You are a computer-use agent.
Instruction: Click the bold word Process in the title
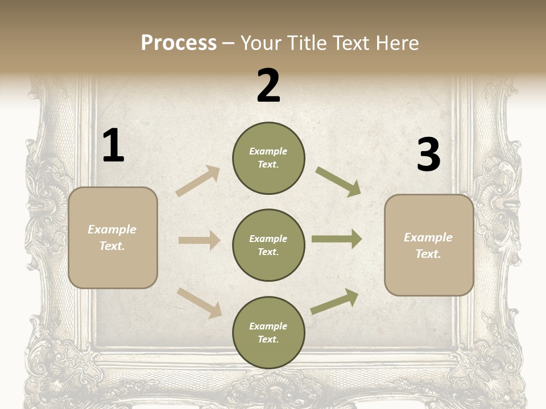click(x=179, y=43)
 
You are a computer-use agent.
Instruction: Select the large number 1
click(x=113, y=146)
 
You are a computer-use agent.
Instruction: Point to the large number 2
click(x=268, y=86)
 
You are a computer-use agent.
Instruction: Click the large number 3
click(x=428, y=155)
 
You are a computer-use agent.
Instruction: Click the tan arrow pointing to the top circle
click(x=198, y=181)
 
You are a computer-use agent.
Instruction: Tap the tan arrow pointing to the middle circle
click(x=199, y=240)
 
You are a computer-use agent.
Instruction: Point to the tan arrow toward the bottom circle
click(x=199, y=302)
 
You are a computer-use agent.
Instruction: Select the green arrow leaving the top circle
click(x=338, y=181)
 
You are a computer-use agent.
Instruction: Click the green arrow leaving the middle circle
click(x=337, y=239)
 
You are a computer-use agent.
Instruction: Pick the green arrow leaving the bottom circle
click(x=334, y=301)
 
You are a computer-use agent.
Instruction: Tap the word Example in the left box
click(x=112, y=229)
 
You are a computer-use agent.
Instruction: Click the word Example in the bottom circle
click(x=268, y=326)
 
